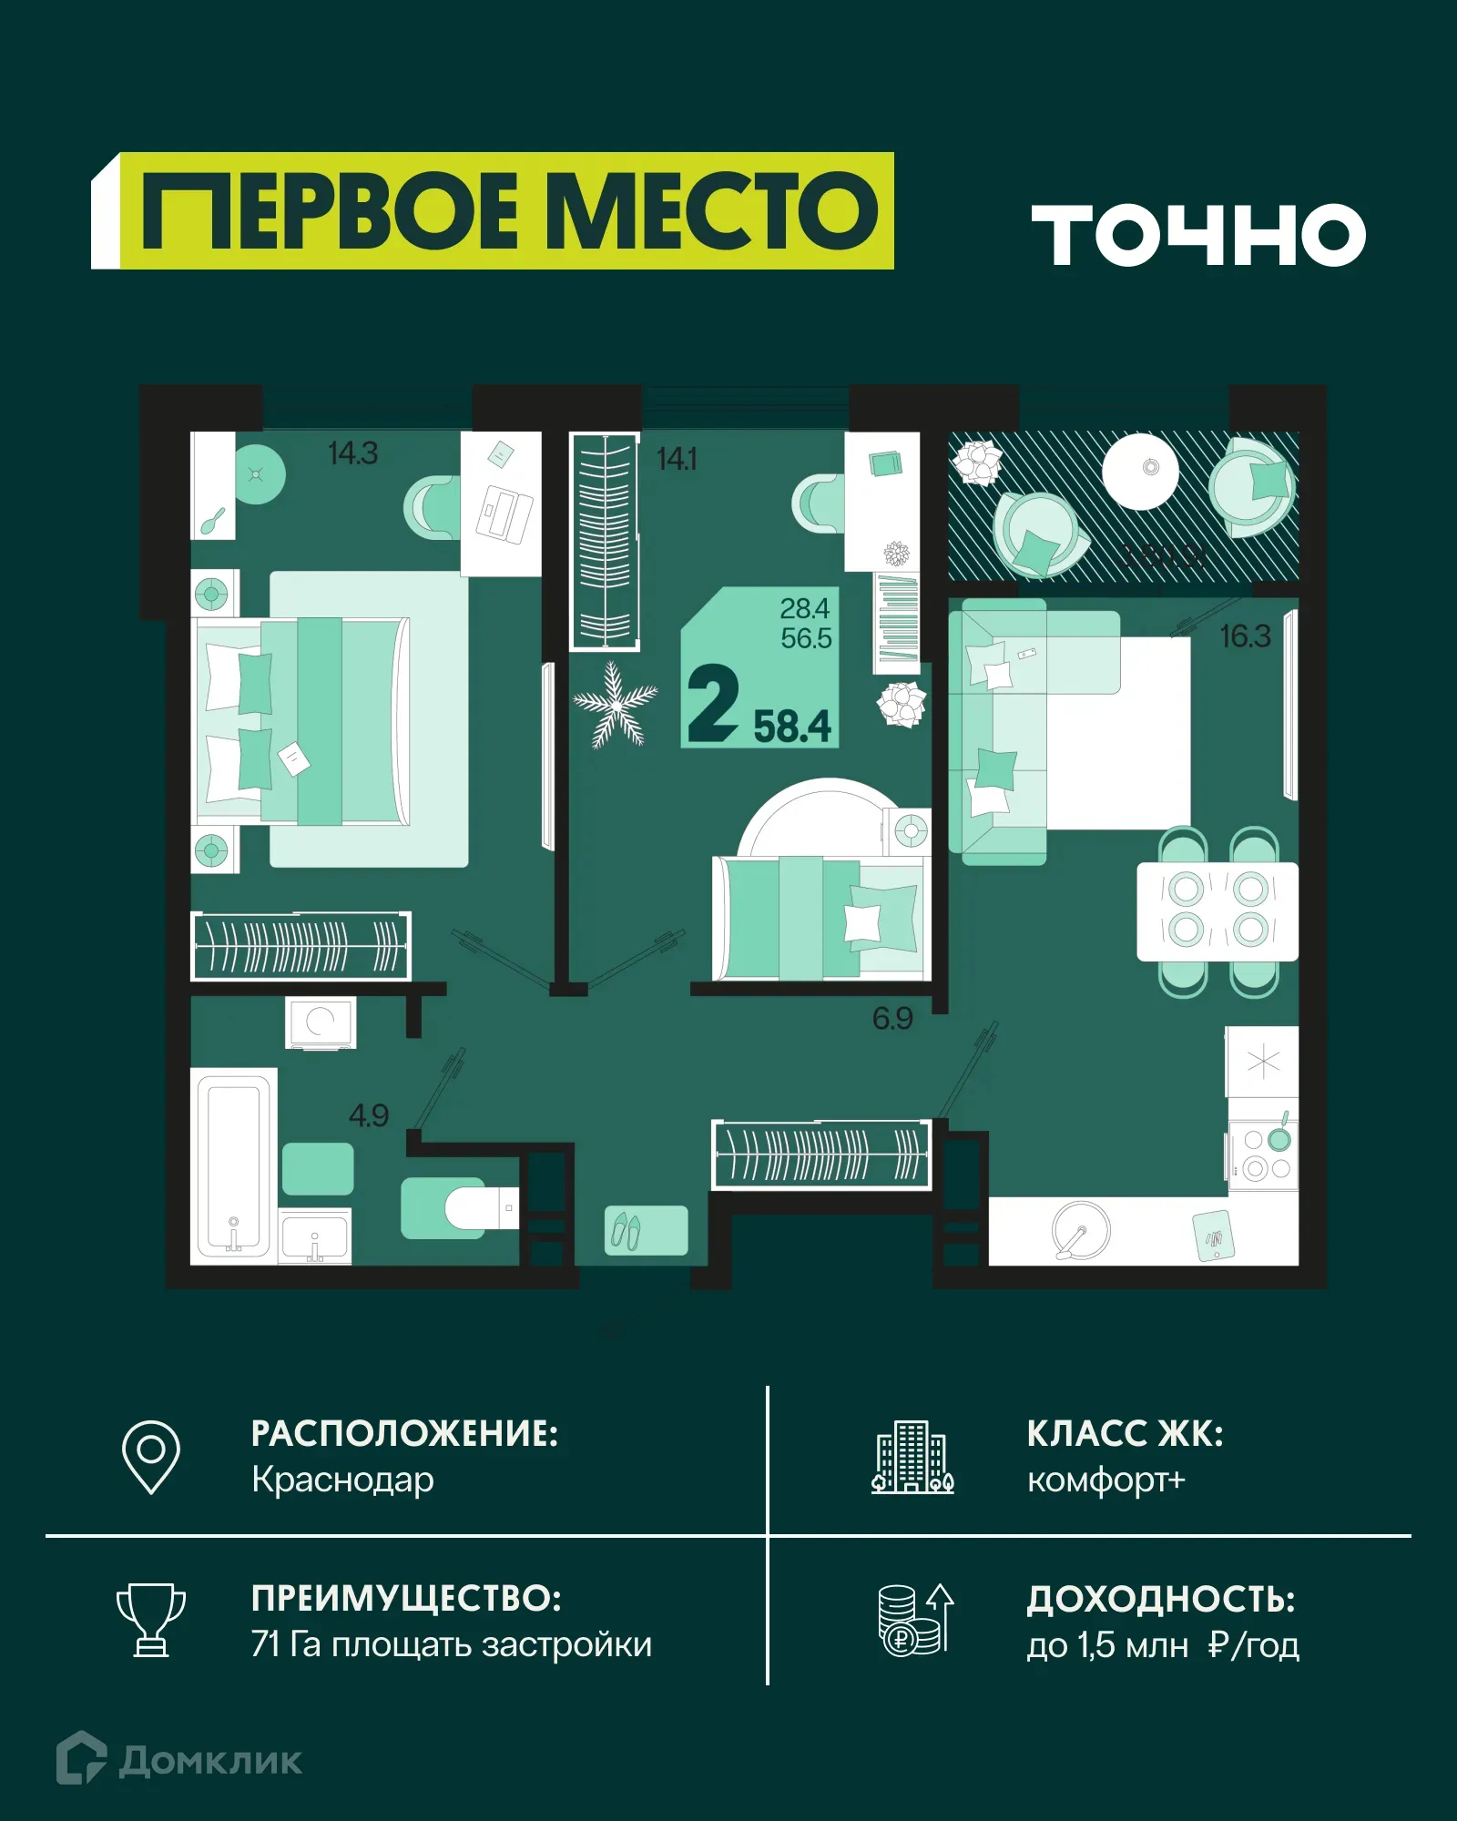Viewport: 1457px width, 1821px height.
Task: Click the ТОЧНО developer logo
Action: pyautogui.click(x=1197, y=235)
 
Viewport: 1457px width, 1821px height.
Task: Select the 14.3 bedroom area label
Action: pyautogui.click(x=352, y=453)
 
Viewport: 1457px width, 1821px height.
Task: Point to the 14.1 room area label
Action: pyautogui.click(x=677, y=459)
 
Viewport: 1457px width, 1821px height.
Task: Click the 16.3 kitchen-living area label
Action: pyautogui.click(x=1245, y=636)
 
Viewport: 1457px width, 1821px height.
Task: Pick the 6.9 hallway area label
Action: pyautogui.click(x=892, y=1018)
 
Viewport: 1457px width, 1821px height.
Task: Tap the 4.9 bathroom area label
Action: pyautogui.click(x=368, y=1115)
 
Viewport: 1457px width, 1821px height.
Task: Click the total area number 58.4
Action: pyautogui.click(x=792, y=727)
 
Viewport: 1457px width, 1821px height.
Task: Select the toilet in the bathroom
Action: pyautogui.click(x=478, y=1208)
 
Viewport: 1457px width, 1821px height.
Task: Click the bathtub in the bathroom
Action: pyautogui.click(x=233, y=1165)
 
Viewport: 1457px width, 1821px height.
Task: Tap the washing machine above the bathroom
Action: pyautogui.click(x=321, y=1022)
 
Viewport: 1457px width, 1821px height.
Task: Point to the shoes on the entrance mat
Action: pyautogui.click(x=626, y=1231)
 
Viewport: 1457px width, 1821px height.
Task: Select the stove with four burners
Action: pyautogui.click(x=1265, y=1155)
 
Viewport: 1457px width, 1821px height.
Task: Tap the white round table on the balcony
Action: pyautogui.click(x=1140, y=471)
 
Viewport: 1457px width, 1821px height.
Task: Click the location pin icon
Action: pyautogui.click(x=151, y=1456)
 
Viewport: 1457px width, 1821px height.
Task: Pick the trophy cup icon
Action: pyautogui.click(x=151, y=1620)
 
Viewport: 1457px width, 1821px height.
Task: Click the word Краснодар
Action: pyautogui.click(x=342, y=1480)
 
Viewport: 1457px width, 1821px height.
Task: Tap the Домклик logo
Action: pyautogui.click(x=179, y=1760)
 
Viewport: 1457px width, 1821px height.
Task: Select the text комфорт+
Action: pyautogui.click(x=1105, y=1480)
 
